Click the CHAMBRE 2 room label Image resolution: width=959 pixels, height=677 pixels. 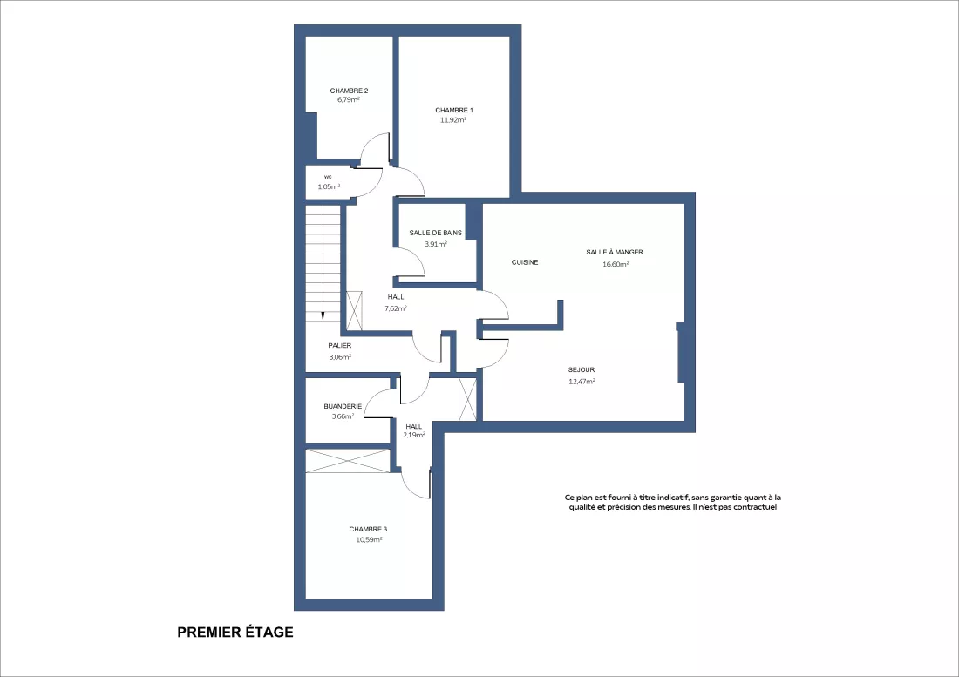pos(349,91)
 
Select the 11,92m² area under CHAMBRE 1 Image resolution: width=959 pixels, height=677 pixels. pos(453,119)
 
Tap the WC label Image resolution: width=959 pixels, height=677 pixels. pos(328,177)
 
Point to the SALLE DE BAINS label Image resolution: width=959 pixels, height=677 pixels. pos(435,233)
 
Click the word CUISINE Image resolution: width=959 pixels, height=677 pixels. pos(525,262)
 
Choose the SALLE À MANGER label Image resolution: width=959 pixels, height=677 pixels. pos(615,252)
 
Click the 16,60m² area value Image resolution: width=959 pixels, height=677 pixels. pos(616,264)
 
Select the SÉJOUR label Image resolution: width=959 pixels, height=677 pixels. pos(581,369)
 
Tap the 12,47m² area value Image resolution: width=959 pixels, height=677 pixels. pos(582,382)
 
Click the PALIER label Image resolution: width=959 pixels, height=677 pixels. pos(339,346)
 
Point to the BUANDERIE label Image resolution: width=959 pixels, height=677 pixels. pos(343,406)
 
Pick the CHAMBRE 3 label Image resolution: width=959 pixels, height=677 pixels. pos(368,529)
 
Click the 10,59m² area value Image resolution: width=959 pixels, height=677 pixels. pos(369,539)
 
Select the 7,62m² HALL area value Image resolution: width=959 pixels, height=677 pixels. pos(395,308)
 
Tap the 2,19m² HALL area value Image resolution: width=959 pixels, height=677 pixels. pos(414,435)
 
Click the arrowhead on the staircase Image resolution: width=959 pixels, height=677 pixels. pos(323,316)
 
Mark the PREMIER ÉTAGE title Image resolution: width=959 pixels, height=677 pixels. pos(235,633)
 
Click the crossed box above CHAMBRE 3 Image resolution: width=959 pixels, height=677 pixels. pos(347,461)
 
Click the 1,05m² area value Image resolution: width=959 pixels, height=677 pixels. pos(329,187)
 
